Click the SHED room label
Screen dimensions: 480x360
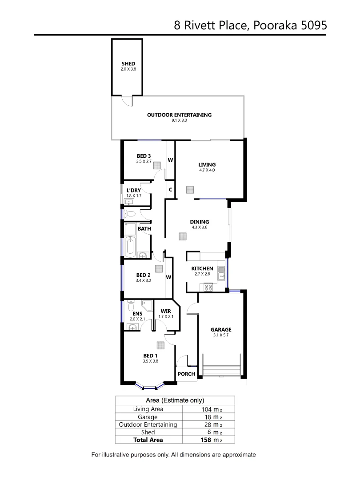(128, 64)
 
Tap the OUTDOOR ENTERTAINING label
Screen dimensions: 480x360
(179, 115)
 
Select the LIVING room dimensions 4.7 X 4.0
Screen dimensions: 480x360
(207, 170)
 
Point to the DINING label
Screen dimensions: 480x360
(199, 222)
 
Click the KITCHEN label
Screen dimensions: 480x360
(202, 268)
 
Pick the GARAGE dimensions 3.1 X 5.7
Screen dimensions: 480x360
(221, 335)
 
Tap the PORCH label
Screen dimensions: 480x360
(186, 374)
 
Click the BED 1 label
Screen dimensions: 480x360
(150, 356)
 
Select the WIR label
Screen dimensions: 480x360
(165, 311)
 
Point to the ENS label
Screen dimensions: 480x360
(137, 314)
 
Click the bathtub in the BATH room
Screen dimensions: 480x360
(130, 247)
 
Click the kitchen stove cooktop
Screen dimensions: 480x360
(208, 287)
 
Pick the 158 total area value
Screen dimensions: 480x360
(209, 440)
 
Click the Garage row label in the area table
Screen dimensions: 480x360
(148, 417)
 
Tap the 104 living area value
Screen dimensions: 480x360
(208, 409)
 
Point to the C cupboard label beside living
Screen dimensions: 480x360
(170, 189)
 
